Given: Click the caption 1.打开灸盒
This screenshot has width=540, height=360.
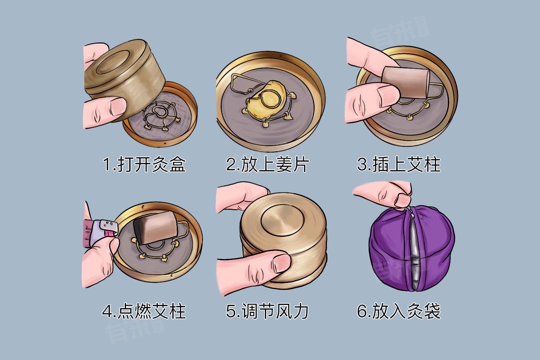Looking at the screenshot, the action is coord(144,165).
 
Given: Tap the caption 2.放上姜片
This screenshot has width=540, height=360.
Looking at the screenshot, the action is coord(267,165).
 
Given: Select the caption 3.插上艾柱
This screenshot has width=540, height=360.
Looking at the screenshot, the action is coord(399,165).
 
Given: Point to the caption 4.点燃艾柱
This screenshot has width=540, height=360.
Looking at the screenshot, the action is coord(144,311).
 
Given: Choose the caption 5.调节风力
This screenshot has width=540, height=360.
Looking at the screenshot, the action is coord(267,311).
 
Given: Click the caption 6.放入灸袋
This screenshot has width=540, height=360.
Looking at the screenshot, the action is coord(399,311).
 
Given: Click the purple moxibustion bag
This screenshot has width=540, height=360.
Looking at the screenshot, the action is coord(412,248).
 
